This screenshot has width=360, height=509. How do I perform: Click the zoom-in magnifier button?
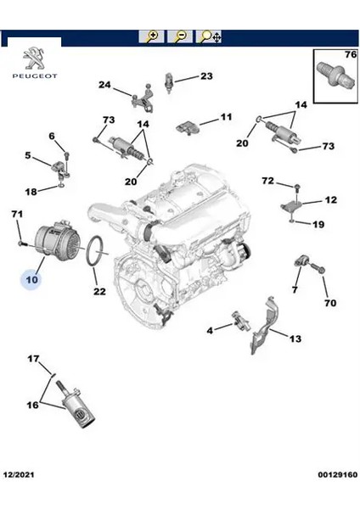coord(151,36)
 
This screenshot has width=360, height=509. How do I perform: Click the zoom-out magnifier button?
coord(180,36)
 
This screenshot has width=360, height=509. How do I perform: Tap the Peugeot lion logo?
coord(35,59)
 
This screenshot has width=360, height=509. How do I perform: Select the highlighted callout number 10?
coord(31,279)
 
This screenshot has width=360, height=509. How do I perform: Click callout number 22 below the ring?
coord(99,291)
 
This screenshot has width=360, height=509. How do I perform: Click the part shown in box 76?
coord(335,75)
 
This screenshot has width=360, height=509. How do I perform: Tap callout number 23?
coord(206,76)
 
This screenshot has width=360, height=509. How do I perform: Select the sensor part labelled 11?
coord(187,126)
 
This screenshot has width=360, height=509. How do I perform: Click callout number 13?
coord(295,338)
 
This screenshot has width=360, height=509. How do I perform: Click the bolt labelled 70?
coord(318,268)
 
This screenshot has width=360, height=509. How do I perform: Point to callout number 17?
coord(33,359)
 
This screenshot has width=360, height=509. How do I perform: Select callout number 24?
coord(104,85)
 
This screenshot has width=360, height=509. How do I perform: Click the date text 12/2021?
coord(19,474)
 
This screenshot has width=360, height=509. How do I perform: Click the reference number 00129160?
coord(338,474)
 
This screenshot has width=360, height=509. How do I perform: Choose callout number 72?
coord(268,181)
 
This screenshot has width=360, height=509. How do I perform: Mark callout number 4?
coord(210,331)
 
